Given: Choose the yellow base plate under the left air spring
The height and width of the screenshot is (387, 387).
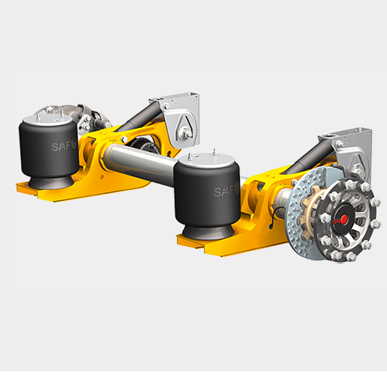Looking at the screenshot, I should click(x=45, y=192).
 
